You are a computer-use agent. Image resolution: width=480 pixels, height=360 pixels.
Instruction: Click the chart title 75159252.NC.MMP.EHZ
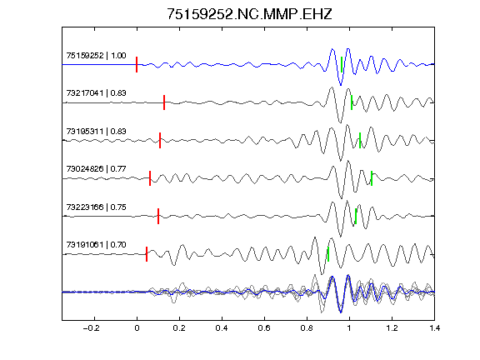click(249, 14)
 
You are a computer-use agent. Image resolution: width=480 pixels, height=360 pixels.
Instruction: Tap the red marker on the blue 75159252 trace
click(137, 65)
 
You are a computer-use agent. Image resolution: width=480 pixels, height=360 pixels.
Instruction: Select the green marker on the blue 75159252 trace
click(342, 65)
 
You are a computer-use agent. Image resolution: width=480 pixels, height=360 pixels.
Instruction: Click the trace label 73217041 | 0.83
click(96, 93)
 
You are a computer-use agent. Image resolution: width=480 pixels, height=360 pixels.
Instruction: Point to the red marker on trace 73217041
click(164, 102)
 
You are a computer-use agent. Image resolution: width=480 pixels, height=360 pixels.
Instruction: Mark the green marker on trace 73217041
click(352, 102)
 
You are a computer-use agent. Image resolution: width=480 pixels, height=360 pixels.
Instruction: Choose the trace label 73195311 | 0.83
click(96, 132)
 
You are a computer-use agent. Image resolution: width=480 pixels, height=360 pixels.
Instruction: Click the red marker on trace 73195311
click(160, 140)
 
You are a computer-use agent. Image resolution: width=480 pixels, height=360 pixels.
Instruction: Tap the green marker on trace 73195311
click(360, 140)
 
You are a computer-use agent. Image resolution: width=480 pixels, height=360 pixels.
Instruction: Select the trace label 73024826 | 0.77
click(96, 169)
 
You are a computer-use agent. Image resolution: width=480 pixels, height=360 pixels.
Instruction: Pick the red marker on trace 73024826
click(150, 178)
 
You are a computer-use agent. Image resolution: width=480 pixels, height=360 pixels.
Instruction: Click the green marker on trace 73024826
click(372, 178)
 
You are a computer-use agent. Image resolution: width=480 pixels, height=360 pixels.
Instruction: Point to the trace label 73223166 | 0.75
click(96, 207)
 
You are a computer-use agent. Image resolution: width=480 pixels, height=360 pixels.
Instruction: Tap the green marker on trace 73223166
click(356, 216)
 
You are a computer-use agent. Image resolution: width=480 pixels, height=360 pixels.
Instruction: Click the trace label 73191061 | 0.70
click(96, 245)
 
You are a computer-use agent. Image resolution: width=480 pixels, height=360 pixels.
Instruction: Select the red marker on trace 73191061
click(147, 254)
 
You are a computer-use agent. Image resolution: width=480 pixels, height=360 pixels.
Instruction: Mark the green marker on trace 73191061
click(328, 254)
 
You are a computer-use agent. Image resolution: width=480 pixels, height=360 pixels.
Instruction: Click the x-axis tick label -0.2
click(91, 328)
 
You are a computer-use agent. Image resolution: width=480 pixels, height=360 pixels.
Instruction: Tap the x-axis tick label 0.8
click(307, 328)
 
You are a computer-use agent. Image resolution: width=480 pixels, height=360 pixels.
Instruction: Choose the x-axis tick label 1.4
click(434, 328)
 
